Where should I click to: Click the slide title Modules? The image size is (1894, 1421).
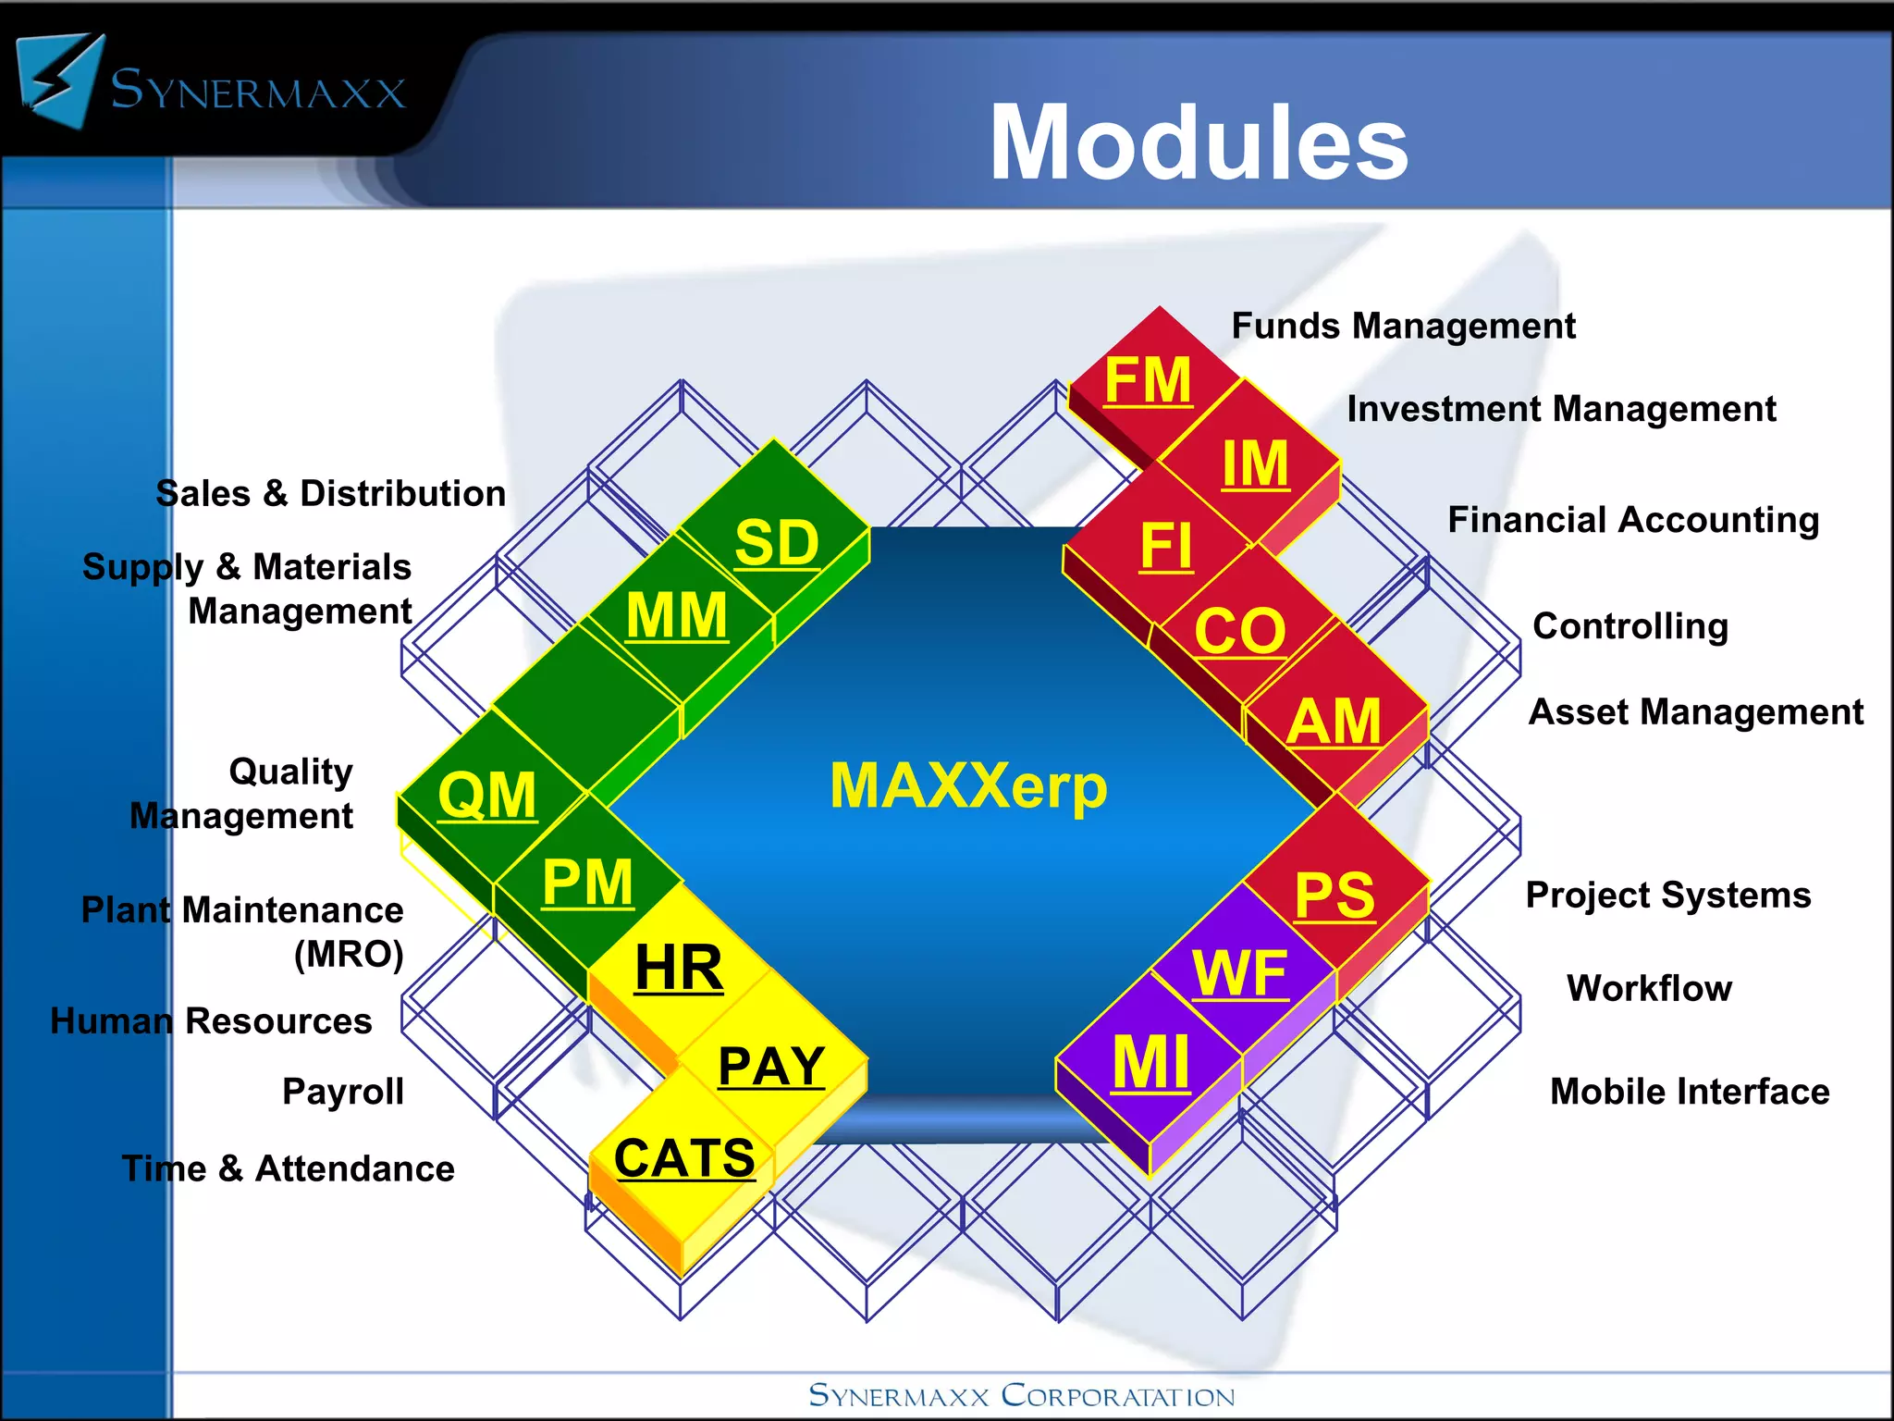[1198, 143]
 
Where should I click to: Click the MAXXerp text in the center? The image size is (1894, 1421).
[968, 786]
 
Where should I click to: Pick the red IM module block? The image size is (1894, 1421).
[1254, 463]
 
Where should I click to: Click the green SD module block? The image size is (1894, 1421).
[776, 542]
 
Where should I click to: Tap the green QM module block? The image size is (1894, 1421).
[486, 795]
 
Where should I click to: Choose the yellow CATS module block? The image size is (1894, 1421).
[684, 1158]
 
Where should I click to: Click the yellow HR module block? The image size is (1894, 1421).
[679, 968]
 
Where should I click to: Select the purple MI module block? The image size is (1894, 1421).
[1150, 1062]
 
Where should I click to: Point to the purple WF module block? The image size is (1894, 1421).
[1239, 973]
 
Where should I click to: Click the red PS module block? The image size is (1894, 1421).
[1334, 895]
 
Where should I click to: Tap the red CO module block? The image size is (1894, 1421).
[1239, 631]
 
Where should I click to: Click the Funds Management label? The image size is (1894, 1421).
[1403, 326]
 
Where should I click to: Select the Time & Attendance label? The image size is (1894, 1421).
[288, 1168]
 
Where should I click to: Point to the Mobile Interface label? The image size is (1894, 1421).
[1689, 1092]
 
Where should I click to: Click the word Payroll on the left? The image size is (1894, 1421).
[342, 1092]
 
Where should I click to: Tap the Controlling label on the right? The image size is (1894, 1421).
[1630, 626]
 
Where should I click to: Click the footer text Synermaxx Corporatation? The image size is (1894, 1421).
[1021, 1395]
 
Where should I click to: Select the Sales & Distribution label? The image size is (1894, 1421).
[330, 493]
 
